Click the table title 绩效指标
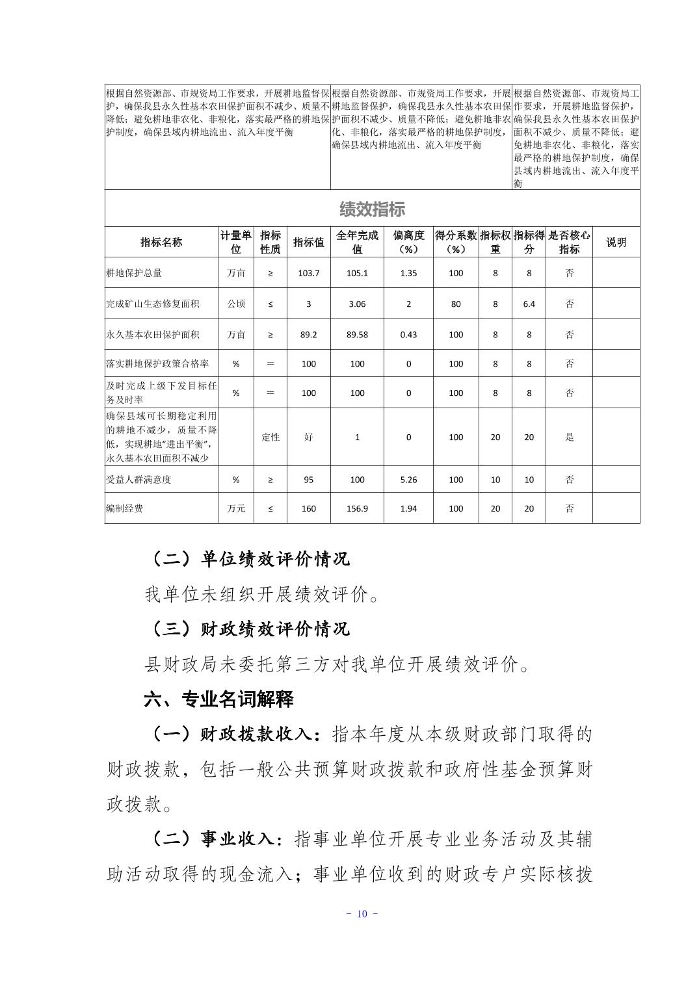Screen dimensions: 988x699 [372, 209]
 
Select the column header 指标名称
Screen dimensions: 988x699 [161, 242]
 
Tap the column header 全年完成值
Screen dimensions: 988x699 [357, 242]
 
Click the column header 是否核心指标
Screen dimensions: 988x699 [569, 242]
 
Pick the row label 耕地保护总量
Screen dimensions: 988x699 [135, 273]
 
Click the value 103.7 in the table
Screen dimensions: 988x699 [309, 273]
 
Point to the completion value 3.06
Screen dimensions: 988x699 [357, 304]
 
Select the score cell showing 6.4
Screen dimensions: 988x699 [529, 304]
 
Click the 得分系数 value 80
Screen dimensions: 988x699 [456, 304]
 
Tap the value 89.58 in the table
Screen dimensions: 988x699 [357, 335]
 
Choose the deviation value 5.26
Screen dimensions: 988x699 [408, 480]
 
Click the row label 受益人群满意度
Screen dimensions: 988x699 [138, 480]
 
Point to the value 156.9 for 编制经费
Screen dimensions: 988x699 [357, 508]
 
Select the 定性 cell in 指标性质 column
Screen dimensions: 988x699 [270, 437]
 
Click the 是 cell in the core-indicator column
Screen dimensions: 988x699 [569, 437]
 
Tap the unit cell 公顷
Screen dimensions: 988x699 [236, 304]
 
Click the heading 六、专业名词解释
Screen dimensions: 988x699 [218, 699]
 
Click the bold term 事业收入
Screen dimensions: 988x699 [238, 839]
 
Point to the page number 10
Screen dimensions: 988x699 [362, 914]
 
